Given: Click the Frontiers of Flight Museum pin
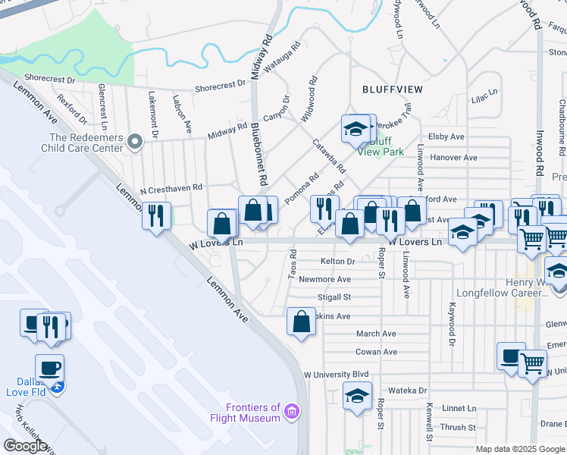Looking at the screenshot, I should tap(293, 413).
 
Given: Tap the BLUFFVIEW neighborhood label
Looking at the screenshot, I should tap(392, 89).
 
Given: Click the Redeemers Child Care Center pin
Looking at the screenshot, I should tap(135, 142).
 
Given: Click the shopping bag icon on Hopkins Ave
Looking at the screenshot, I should tap(302, 321).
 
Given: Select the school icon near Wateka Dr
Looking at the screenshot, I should tap(357, 396).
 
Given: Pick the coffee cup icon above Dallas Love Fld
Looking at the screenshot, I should tap(50, 368).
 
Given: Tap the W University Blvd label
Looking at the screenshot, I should tap(336, 375).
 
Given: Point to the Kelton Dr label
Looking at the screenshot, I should tap(337, 261).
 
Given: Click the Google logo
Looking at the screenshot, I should tap(26, 446).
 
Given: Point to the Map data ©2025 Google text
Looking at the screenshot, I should tap(519, 449).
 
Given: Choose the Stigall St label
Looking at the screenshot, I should tap(334, 297).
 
